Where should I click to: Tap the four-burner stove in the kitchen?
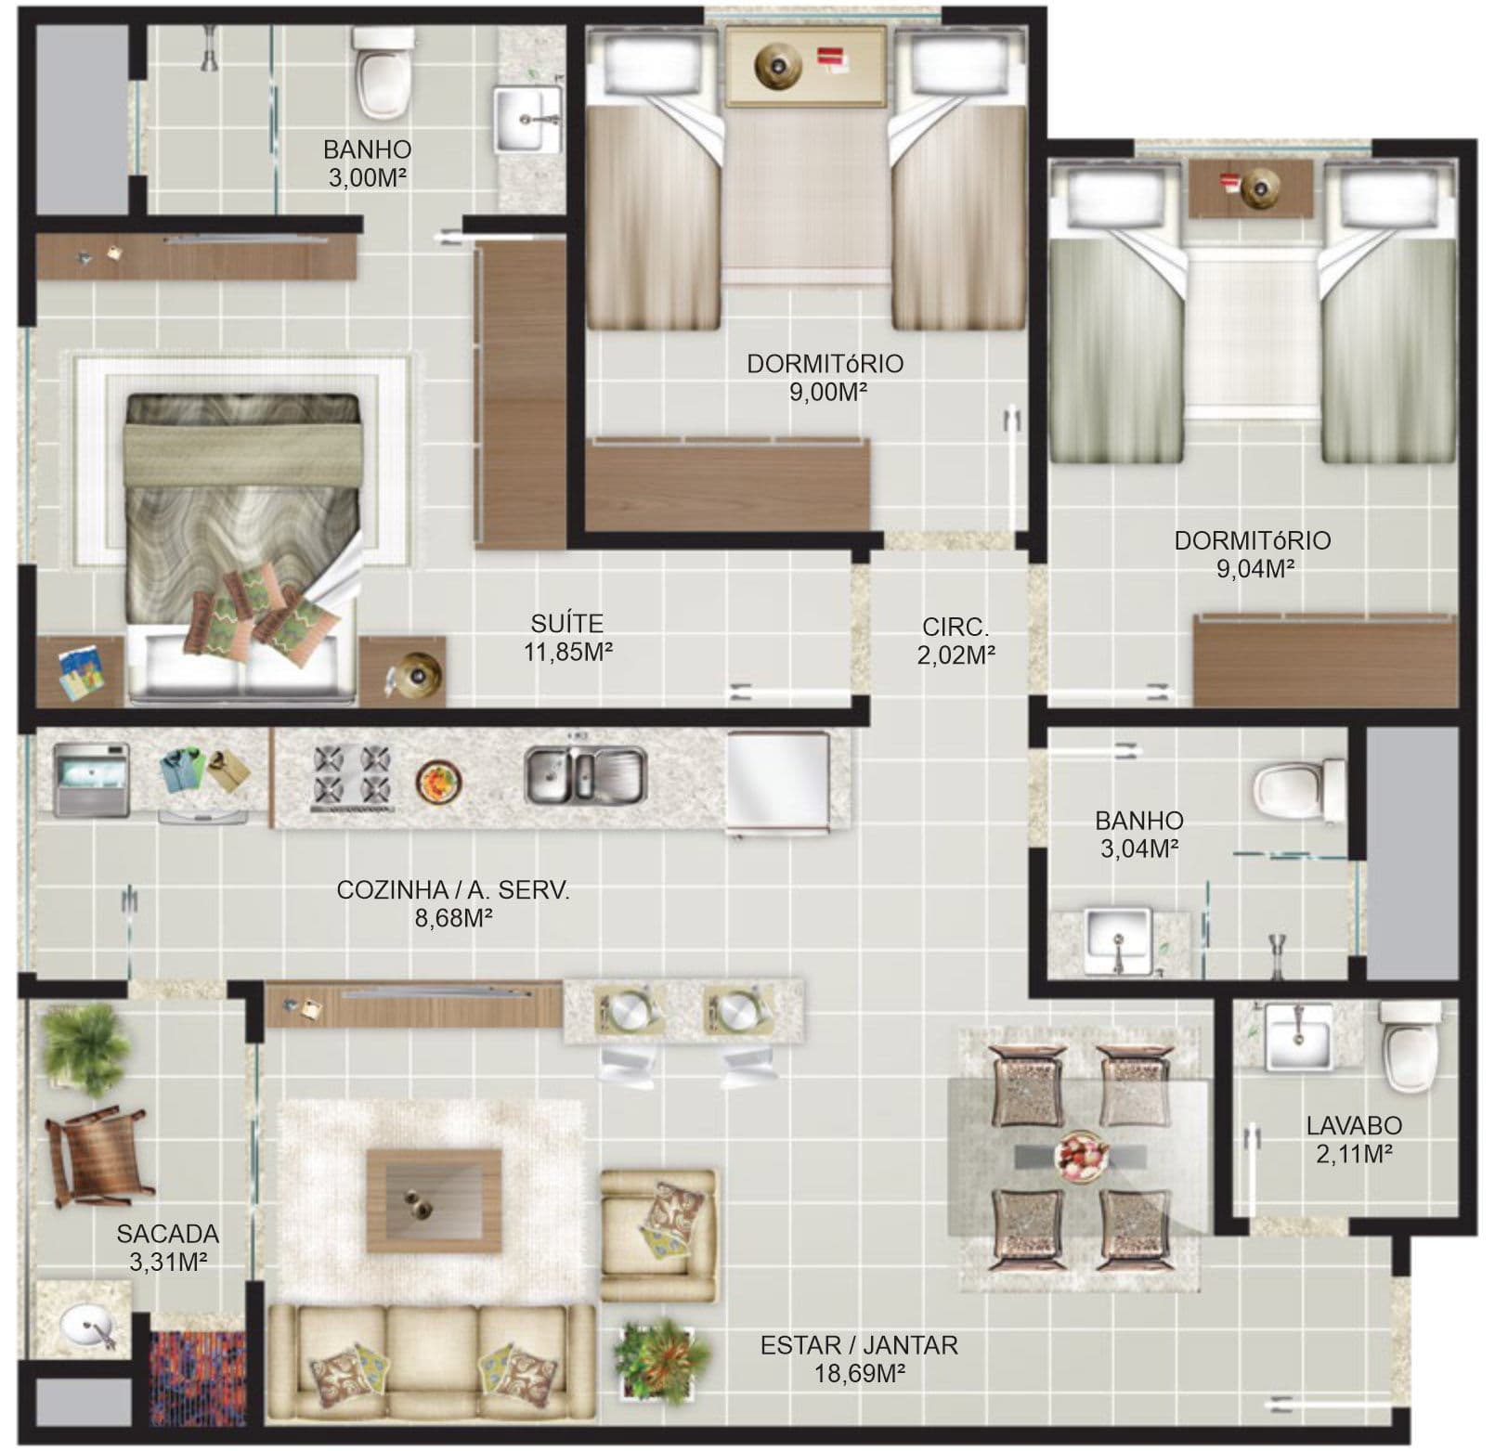click(352, 775)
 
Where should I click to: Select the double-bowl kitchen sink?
click(585, 774)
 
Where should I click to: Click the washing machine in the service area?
click(89, 779)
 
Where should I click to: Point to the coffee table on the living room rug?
click(434, 1199)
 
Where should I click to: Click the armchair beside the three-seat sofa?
click(658, 1235)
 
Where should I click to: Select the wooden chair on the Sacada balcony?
click(97, 1157)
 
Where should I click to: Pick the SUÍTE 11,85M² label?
click(567, 637)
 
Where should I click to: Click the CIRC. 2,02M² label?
click(955, 641)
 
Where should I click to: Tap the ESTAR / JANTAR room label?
click(859, 1358)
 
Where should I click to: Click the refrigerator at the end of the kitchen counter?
click(777, 784)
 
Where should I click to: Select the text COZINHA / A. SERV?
click(453, 890)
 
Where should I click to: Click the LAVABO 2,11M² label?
click(1354, 1140)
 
